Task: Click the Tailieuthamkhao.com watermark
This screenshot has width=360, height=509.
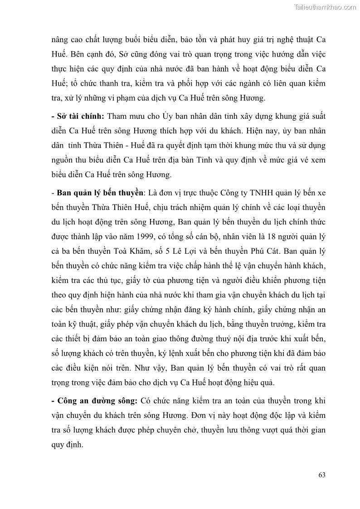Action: (325, 7)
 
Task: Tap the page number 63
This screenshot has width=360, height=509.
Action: (321, 475)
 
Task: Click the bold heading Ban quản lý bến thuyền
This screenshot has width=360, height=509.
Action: (100, 193)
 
